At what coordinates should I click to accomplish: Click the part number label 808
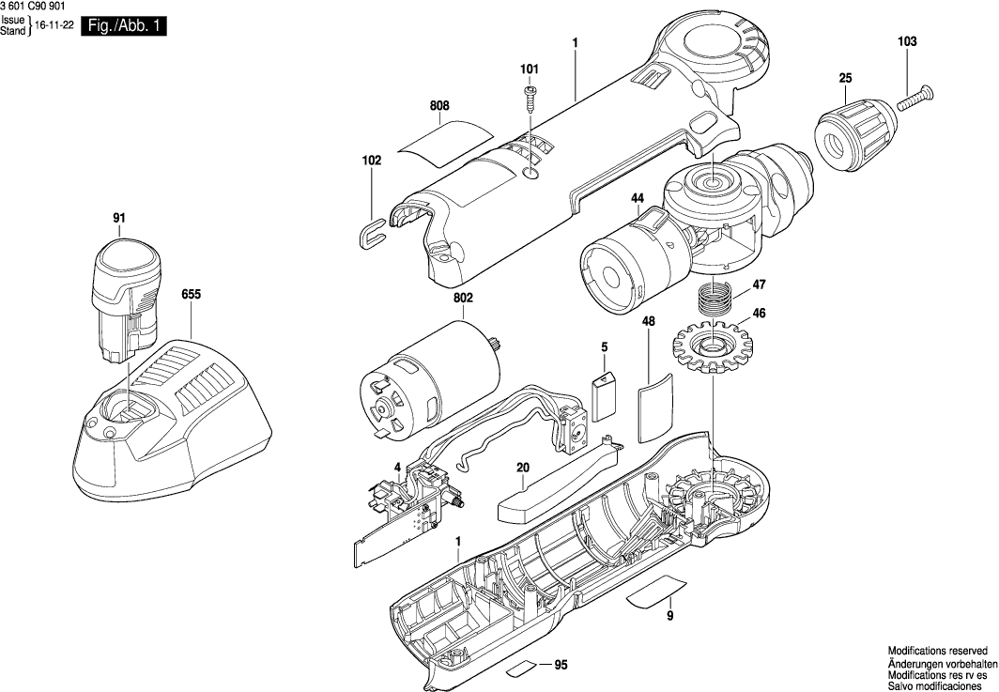pos(440,106)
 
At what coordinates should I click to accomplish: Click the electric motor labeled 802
pos(425,381)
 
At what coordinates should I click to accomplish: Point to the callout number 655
pos(191,294)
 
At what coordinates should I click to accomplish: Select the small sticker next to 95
pos(521,669)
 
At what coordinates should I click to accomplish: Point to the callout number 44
pos(638,198)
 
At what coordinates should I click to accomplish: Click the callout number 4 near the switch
pos(397,467)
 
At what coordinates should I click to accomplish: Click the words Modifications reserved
pos(937,650)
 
